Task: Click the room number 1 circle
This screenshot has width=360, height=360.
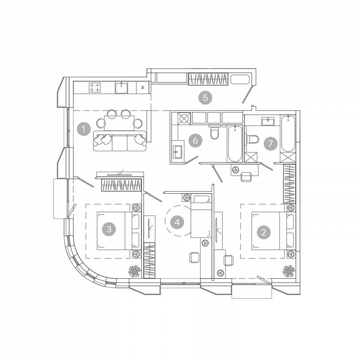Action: pyautogui.click(x=84, y=129)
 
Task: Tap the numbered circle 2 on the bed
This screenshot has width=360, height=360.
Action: pyautogui.click(x=264, y=232)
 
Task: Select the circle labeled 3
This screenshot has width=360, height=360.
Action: pyautogui.click(x=109, y=229)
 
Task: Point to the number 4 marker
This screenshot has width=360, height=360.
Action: pyautogui.click(x=177, y=222)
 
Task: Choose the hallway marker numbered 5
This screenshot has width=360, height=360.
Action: pyautogui.click(x=205, y=97)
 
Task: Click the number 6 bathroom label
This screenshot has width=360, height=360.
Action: pyautogui.click(x=195, y=140)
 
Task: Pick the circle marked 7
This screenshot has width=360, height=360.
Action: pyautogui.click(x=270, y=143)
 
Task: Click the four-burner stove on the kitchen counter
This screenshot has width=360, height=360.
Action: pyautogui.click(x=95, y=87)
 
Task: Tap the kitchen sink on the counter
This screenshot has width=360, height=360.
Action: pyautogui.click(x=121, y=87)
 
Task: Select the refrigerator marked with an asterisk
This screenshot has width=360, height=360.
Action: pyautogui.click(x=142, y=87)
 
